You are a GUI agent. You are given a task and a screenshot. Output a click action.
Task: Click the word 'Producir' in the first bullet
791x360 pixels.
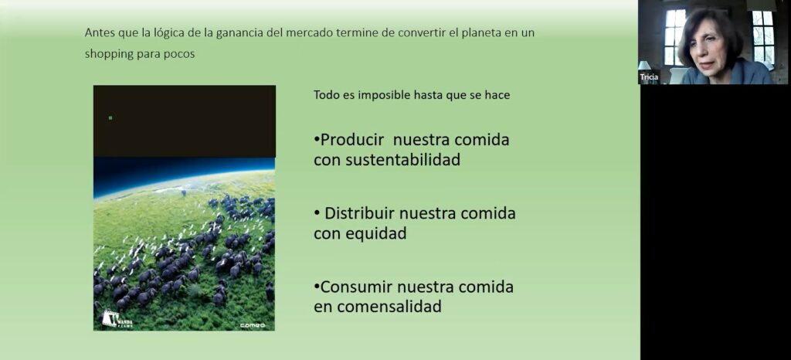pyautogui.click(x=352, y=140)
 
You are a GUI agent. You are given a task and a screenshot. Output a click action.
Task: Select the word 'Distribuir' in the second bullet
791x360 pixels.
pyautogui.click(x=359, y=213)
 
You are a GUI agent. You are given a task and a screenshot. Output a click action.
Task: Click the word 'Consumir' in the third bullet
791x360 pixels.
pyautogui.click(x=356, y=287)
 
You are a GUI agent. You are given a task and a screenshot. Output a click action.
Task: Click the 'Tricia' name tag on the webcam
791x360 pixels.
pyautogui.click(x=649, y=77)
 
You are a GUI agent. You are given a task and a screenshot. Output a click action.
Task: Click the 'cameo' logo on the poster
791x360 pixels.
pyautogui.click(x=253, y=326)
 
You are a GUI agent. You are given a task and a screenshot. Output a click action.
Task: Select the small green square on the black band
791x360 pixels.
pyautogui.click(x=110, y=118)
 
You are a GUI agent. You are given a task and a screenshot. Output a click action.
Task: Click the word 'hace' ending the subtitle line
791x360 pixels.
pyautogui.click(x=499, y=95)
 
